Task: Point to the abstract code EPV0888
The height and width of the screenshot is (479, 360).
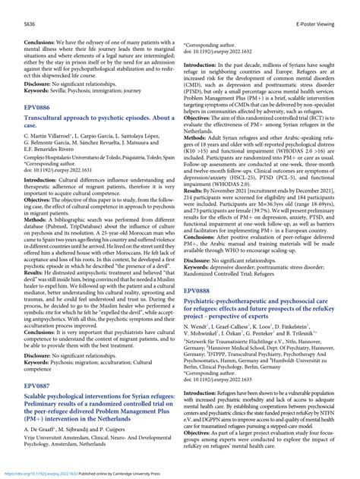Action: coord(200,290)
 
